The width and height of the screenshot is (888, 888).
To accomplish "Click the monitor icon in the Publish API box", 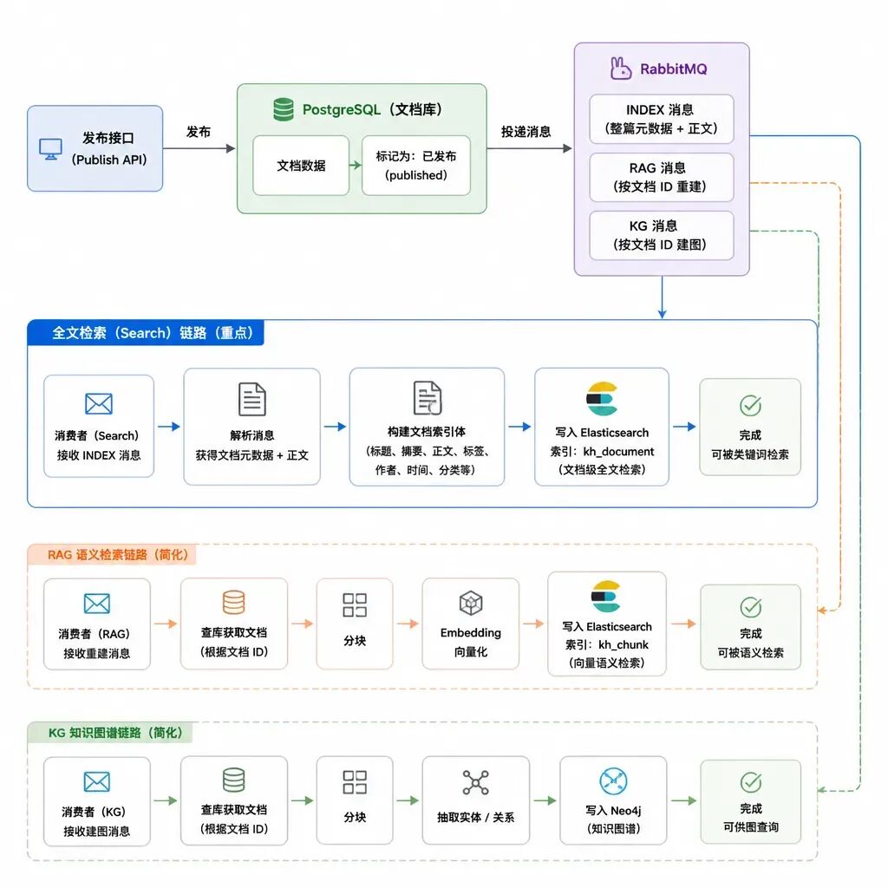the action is pyautogui.click(x=50, y=149).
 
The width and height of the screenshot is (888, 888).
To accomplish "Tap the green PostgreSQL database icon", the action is pyautogui.click(x=284, y=109).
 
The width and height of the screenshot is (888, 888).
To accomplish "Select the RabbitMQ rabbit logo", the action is pyautogui.click(x=621, y=69).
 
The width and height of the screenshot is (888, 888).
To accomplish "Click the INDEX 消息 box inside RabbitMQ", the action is pyautogui.click(x=661, y=119).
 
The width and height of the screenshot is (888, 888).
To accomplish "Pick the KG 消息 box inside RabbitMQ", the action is pyautogui.click(x=661, y=236).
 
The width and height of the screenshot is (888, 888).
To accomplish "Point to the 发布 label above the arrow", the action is pyautogui.click(x=199, y=132).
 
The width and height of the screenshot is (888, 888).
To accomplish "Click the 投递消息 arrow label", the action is pyautogui.click(x=526, y=132).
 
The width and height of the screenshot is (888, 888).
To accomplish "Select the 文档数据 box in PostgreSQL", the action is pyautogui.click(x=301, y=166).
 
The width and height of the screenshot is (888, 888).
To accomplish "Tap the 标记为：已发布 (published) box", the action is pyautogui.click(x=415, y=166).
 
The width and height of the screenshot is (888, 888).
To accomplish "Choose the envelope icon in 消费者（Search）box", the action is pyautogui.click(x=99, y=404).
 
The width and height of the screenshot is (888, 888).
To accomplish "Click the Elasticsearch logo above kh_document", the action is pyautogui.click(x=602, y=399).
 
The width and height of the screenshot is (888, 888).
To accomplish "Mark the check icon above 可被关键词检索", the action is pyautogui.click(x=750, y=406).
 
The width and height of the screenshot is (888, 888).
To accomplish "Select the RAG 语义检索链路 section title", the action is pyautogui.click(x=118, y=554).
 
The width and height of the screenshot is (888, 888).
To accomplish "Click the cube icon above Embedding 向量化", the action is pyautogui.click(x=471, y=604).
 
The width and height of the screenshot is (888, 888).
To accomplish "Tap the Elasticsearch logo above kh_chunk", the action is pyautogui.click(x=606, y=597).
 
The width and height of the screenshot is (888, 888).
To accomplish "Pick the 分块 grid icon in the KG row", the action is pyautogui.click(x=355, y=782).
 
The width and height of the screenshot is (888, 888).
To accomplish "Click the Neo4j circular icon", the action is pyautogui.click(x=613, y=781).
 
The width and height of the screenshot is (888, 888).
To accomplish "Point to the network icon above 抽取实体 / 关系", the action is pyautogui.click(x=476, y=783).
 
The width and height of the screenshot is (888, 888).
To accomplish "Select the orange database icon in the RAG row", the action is pyautogui.click(x=233, y=603).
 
